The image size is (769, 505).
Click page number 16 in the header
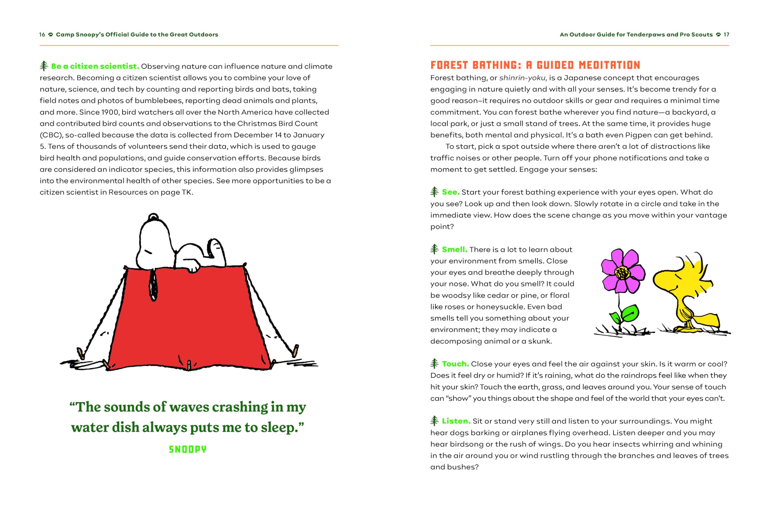[42, 35]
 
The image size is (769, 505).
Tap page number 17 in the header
[726, 35]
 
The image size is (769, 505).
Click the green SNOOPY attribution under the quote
[187, 449]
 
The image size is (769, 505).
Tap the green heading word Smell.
[454, 249]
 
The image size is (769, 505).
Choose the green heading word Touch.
[455, 364]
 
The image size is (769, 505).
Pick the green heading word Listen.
[456, 421]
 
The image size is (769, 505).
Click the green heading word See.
[450, 192]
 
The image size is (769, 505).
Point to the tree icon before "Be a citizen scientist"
[44, 66]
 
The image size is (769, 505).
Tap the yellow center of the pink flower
[622, 273]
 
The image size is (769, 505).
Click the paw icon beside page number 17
[718, 35]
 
